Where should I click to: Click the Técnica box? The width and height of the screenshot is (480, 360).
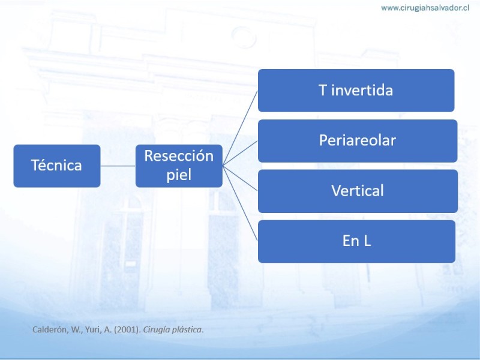pos(57,166)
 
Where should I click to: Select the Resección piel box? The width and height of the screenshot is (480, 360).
pos(179,166)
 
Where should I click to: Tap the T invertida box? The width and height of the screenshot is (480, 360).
pos(356,91)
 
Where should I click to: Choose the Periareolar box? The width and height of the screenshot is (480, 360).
pos(358,141)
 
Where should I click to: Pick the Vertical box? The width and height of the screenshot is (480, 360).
pos(358,191)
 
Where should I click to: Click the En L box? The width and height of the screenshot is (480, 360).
pos(356,241)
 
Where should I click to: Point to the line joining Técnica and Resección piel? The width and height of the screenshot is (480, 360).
pos(118,166)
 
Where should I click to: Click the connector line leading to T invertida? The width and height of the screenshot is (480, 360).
pos(240,128)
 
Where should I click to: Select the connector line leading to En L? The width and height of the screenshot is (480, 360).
pos(240,203)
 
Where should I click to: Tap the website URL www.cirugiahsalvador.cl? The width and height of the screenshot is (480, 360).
pos(425,8)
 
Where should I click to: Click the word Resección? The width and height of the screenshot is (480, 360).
pos(179,156)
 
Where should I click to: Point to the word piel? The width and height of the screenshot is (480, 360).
pos(179,175)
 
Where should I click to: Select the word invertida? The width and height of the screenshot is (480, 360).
pos(362,91)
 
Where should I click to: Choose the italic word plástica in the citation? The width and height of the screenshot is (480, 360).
pos(188,330)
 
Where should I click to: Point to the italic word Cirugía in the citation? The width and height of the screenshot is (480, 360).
pos(157,330)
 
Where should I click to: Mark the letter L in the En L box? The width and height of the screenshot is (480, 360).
pos(367,241)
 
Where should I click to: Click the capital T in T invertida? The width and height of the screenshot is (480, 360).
pos(323,91)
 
